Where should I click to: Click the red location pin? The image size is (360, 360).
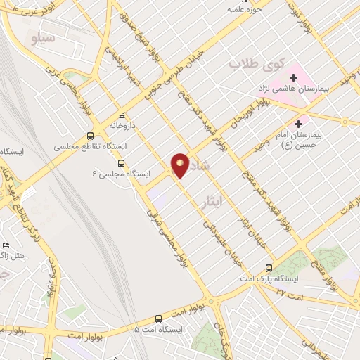[180, 165]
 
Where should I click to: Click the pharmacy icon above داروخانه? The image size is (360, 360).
[122, 115]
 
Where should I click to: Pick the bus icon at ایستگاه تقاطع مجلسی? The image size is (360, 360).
[89, 136]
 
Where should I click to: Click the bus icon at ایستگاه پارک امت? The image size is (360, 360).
[268, 267]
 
